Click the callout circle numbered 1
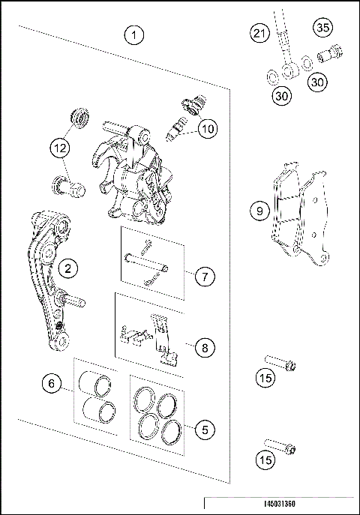pyautogui.click(x=134, y=34)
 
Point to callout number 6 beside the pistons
pyautogui.click(x=52, y=384)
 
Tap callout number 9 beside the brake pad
pyautogui.click(x=259, y=211)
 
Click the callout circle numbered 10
pyautogui.click(x=208, y=128)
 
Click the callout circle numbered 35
pyautogui.click(x=322, y=28)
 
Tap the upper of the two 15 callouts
pyautogui.click(x=264, y=379)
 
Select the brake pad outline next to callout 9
pyautogui.click(x=300, y=217)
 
